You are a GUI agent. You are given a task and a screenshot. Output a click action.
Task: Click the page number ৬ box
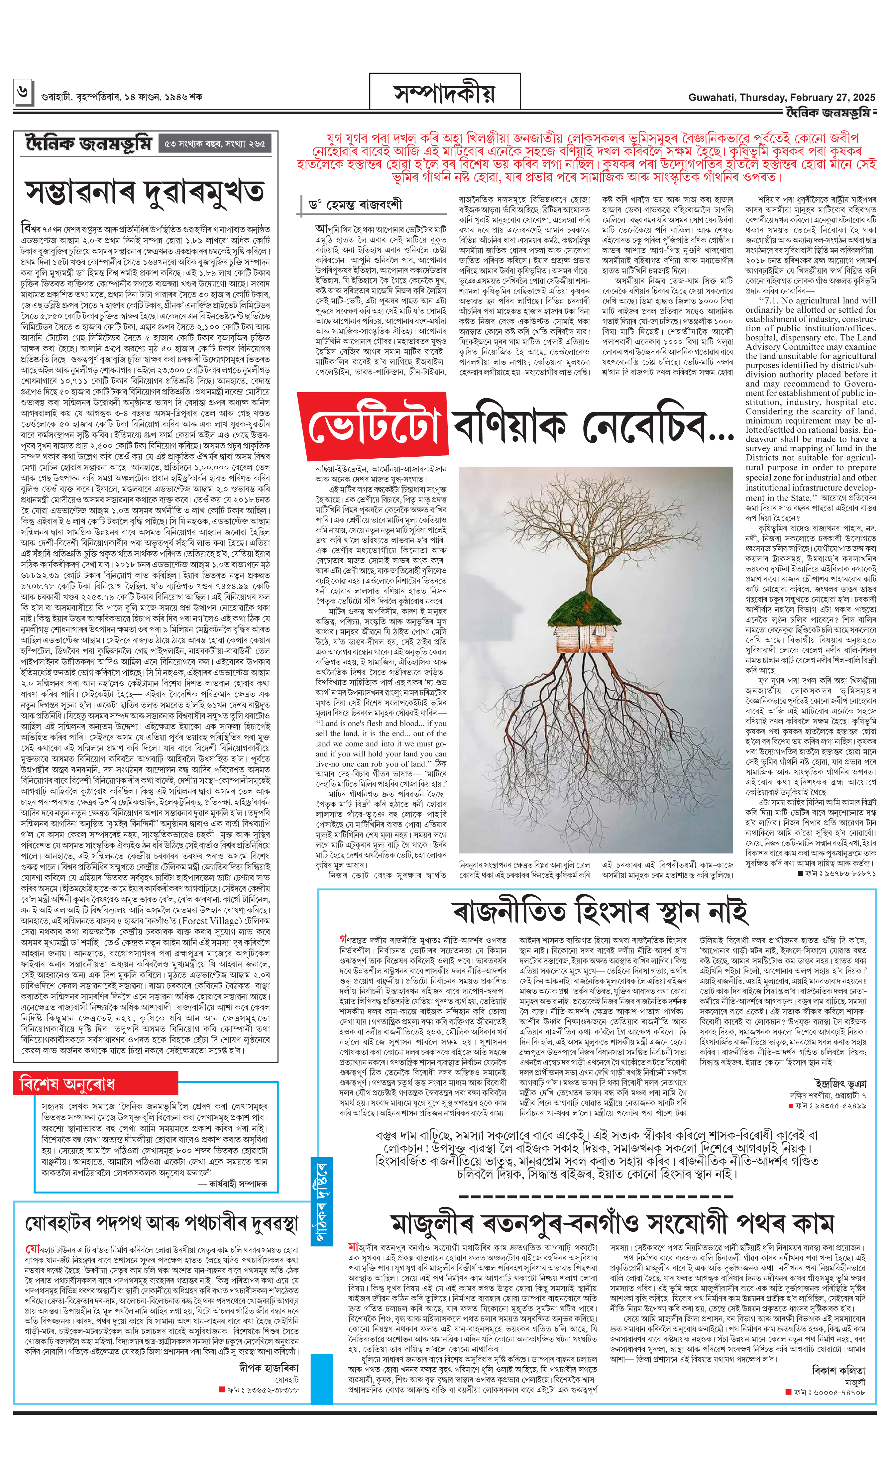(x=23, y=92)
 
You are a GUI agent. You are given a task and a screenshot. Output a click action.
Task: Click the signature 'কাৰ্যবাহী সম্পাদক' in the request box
(x=238, y=1179)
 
